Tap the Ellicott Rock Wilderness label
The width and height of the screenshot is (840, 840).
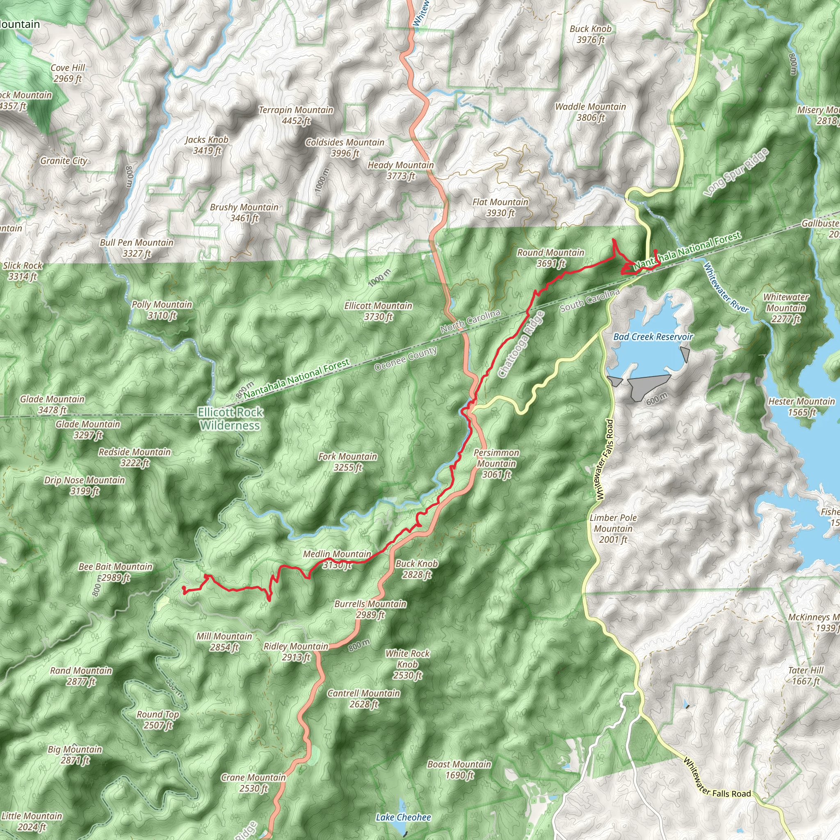[231, 419]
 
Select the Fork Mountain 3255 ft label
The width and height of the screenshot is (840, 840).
[347, 462]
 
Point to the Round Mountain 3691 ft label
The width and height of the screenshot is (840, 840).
[550, 258]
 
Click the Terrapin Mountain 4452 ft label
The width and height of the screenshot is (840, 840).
[296, 116]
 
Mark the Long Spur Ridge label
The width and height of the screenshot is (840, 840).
[737, 173]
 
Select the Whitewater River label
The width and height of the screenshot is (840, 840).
[726, 288]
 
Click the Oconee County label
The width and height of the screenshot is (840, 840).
[405, 359]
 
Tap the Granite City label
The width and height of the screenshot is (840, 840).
[64, 161]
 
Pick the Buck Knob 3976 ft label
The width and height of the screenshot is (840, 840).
[591, 34]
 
